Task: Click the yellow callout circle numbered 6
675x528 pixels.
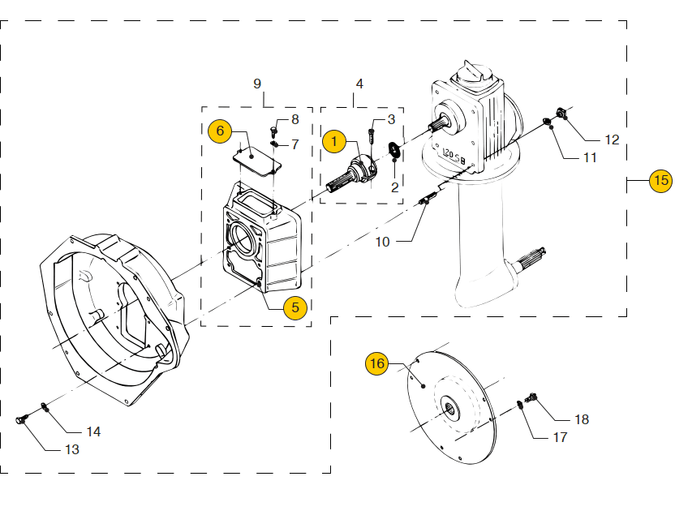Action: point(220,131)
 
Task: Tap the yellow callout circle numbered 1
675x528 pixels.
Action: point(334,141)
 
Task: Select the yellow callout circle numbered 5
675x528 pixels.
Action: point(295,307)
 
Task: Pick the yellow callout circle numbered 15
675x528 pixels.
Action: point(660,180)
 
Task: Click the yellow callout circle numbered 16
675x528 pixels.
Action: point(376,363)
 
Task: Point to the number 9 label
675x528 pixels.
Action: point(257,84)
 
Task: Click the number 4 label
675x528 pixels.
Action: point(359,84)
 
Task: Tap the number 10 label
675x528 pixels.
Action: point(382,242)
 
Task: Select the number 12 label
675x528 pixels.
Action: point(612,140)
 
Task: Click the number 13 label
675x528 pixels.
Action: point(72,449)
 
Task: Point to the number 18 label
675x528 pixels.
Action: point(582,419)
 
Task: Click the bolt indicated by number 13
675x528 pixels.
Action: point(22,419)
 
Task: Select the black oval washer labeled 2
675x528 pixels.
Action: point(394,149)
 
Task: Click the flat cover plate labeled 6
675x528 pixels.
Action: point(257,161)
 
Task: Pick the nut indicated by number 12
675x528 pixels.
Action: point(561,113)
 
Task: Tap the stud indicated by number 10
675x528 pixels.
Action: point(428,199)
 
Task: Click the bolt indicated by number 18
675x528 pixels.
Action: point(531,397)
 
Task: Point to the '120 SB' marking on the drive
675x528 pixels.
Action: point(454,156)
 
